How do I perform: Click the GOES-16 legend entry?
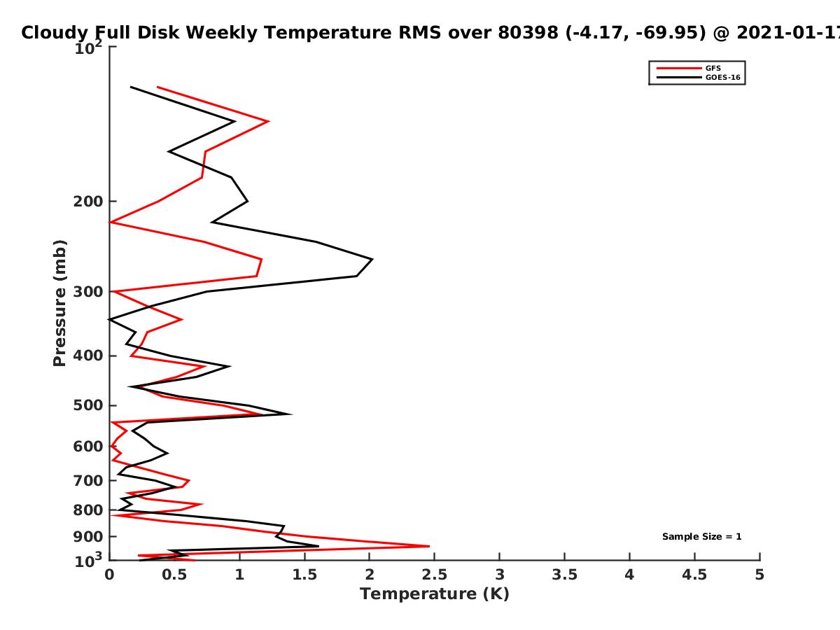pyautogui.click(x=699, y=77)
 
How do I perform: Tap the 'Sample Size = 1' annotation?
pyautogui.click(x=701, y=537)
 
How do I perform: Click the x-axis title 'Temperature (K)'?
pyautogui.click(x=435, y=594)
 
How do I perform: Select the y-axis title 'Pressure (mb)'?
pyautogui.click(x=59, y=303)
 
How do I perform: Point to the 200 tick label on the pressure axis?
pyautogui.click(x=88, y=201)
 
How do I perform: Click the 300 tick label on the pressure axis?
pyautogui.click(x=88, y=292)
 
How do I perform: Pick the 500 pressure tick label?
pyautogui.click(x=88, y=405)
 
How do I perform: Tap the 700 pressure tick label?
pyautogui.click(x=88, y=480)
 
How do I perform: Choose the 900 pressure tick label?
pyautogui.click(x=88, y=537)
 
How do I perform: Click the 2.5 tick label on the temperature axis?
pyautogui.click(x=435, y=575)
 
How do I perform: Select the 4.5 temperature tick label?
pyautogui.click(x=694, y=575)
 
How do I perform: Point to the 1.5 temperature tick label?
pyautogui.click(x=304, y=575)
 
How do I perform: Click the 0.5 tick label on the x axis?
pyautogui.click(x=174, y=575)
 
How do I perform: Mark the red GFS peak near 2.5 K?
pyautogui.click(x=428, y=546)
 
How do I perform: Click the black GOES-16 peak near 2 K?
pyautogui.click(x=372, y=259)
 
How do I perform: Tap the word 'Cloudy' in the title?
pyautogui.click(x=55, y=34)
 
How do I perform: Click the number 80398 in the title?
pyautogui.click(x=528, y=33)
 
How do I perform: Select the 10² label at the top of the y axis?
pyautogui.click(x=88, y=48)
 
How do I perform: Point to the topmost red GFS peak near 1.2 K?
pyautogui.click(x=268, y=121)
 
